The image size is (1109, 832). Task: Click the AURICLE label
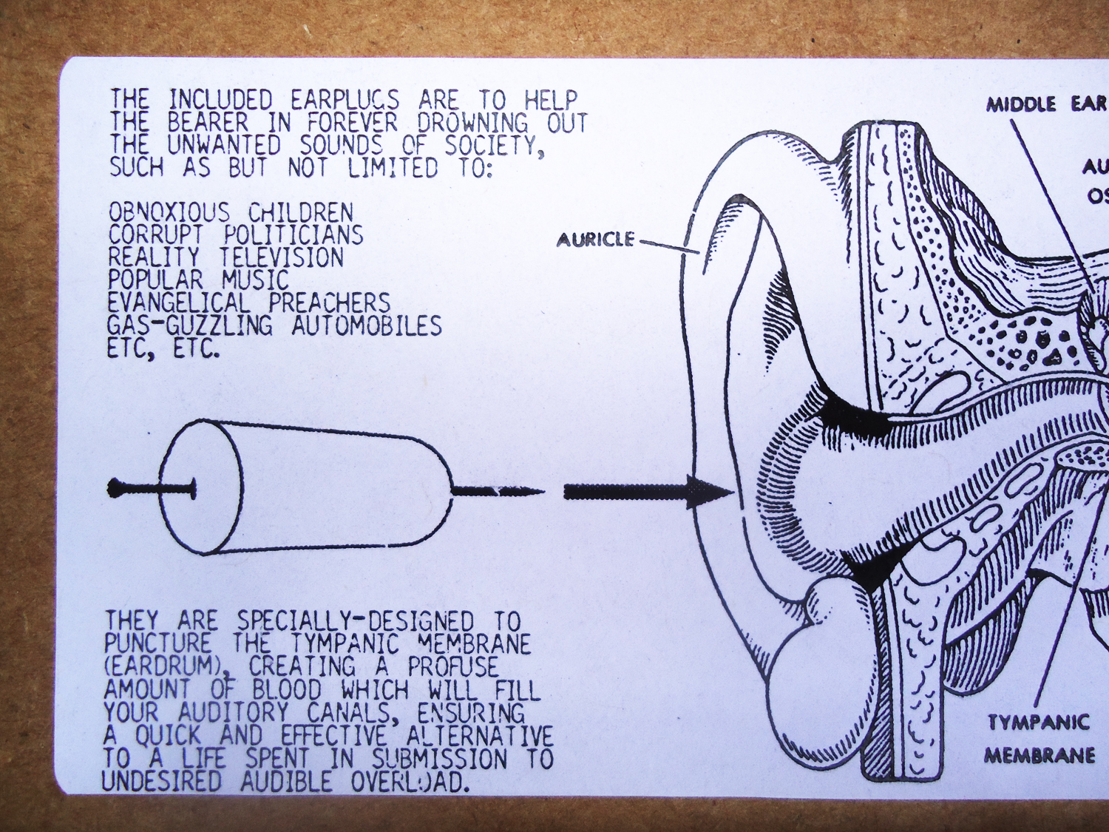point(595,240)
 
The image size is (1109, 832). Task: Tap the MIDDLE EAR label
point(1045,104)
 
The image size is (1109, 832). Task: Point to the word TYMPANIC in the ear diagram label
point(1039,722)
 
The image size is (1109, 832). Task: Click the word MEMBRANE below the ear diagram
point(1039,755)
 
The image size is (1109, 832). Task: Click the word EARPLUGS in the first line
point(344,100)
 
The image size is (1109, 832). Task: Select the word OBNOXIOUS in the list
point(169,213)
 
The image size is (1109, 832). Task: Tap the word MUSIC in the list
point(255,280)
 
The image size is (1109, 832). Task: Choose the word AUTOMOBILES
point(366,325)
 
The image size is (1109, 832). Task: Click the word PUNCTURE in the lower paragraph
point(157,643)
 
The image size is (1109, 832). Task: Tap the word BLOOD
point(287,690)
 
